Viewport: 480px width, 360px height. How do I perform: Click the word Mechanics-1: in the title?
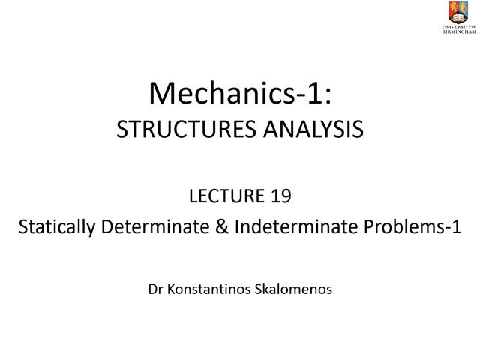tap(239, 93)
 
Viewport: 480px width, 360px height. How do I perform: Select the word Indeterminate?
tap(294, 226)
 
